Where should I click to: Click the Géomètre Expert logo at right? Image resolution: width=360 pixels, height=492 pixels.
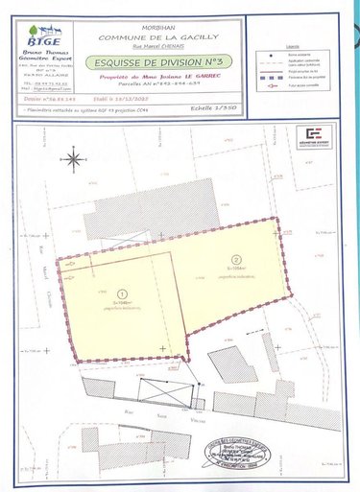(311, 137)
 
